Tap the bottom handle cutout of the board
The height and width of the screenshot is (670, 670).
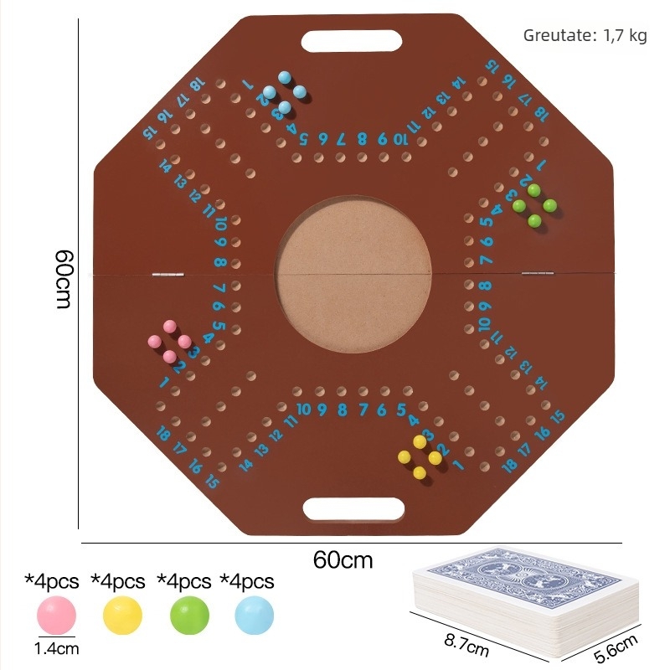click(353, 508)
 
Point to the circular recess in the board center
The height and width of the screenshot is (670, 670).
click(353, 273)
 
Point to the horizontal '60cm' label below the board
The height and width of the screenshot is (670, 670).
click(343, 559)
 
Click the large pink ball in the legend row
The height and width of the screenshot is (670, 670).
click(56, 616)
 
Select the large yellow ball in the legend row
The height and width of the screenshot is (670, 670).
click(122, 616)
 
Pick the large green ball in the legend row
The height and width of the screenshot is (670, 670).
click(189, 616)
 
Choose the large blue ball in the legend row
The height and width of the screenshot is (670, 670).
click(255, 616)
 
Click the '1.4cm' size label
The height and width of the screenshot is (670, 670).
click(55, 648)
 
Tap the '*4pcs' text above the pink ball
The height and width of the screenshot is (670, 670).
click(52, 580)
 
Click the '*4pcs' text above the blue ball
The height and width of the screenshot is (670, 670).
click(247, 580)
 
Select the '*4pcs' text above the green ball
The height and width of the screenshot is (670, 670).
click(184, 580)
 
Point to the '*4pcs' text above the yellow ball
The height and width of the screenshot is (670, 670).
click(118, 580)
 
